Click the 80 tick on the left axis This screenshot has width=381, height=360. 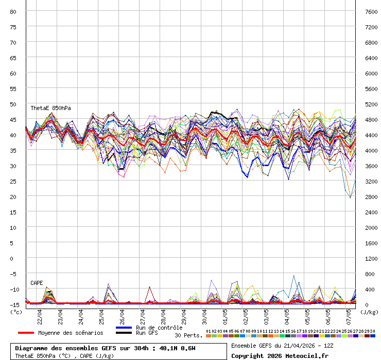[x=13, y=11]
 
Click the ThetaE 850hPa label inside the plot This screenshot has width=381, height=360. [x=50, y=109]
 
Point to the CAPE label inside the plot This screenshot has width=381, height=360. [x=37, y=283]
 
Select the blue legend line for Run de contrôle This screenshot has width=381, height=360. [x=124, y=328]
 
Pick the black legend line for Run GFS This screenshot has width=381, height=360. [x=124, y=333]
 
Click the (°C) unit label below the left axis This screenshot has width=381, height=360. [x=15, y=312]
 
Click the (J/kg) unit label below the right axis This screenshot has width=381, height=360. [x=369, y=312]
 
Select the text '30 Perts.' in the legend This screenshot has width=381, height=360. [x=188, y=335]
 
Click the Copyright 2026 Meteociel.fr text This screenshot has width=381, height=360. [x=279, y=355]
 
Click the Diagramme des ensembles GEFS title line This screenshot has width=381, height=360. [x=106, y=348]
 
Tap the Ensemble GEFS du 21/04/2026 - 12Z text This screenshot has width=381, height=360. [x=282, y=345]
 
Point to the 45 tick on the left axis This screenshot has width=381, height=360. [x=13, y=119]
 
